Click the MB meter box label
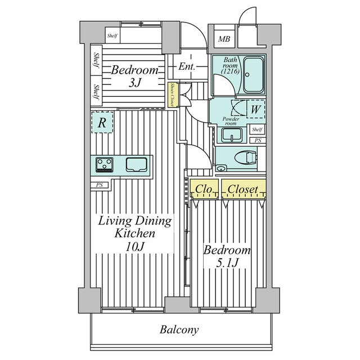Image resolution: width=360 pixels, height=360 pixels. tap(224, 39)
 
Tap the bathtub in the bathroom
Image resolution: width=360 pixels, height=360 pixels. tap(253, 75)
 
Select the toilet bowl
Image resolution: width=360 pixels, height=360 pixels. tap(246, 157)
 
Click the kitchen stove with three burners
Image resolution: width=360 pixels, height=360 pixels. tap(104, 165)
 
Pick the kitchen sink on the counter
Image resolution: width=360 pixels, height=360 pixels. tap(136, 164)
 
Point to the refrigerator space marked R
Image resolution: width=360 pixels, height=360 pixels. tap(102, 123)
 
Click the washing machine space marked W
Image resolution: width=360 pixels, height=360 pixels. tap(255, 109)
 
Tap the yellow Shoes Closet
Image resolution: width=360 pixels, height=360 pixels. tap(172, 94)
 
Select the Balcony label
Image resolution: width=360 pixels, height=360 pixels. tap(179, 330)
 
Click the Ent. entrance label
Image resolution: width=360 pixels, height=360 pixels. tap(187, 67)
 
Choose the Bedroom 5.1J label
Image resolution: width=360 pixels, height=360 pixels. tap(227, 256)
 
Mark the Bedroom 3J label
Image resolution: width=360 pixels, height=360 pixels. tap(134, 76)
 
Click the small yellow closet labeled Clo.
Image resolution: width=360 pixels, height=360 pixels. tap(204, 189)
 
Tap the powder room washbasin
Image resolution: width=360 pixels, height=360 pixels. tap(232, 136)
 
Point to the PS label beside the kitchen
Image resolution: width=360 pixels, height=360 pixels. tap(99, 185)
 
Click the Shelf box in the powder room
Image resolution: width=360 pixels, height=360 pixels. tap(257, 130)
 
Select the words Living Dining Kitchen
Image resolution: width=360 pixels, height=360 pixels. tap(135, 227)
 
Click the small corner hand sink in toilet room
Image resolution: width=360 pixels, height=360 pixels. tap(221, 168)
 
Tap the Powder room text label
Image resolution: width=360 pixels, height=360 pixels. tap(231, 121)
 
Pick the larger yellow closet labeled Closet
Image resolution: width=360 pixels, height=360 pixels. tap(244, 189)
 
